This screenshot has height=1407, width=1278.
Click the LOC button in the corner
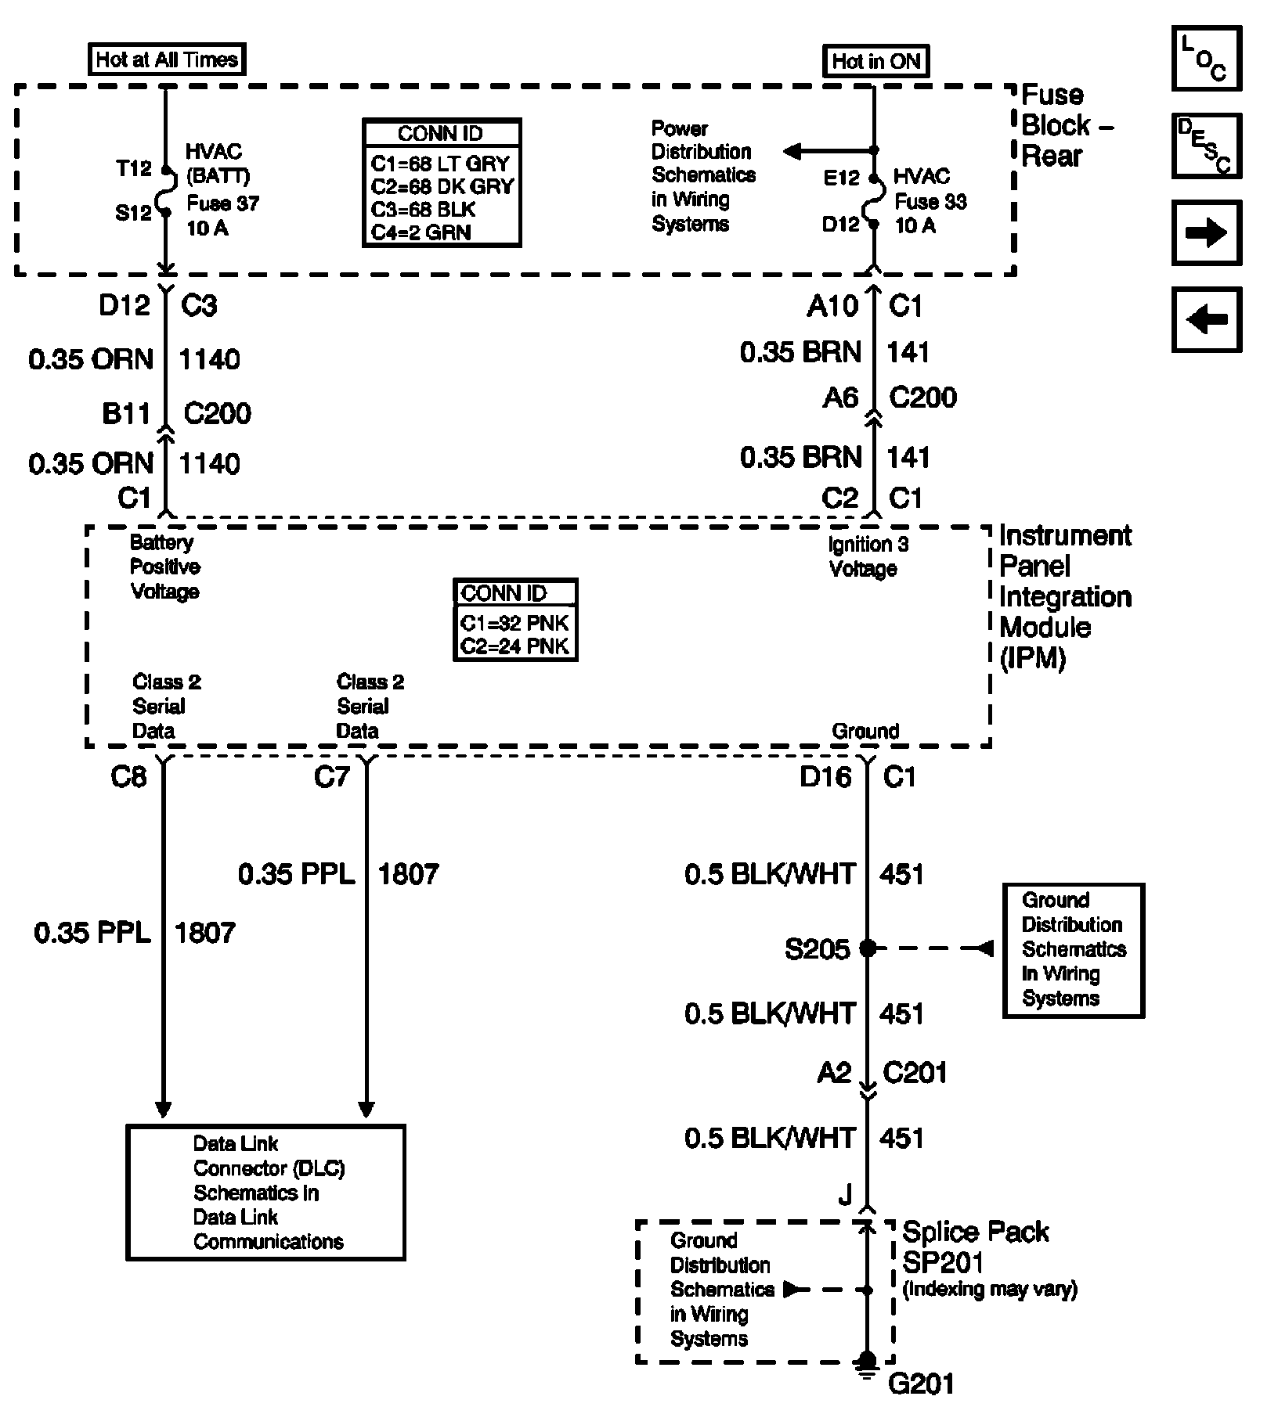coord(1206,59)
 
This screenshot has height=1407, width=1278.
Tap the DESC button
coord(1206,146)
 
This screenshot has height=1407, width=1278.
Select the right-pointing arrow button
coord(1206,233)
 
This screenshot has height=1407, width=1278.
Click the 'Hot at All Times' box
coord(166,59)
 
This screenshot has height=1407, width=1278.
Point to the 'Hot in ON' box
coord(875,61)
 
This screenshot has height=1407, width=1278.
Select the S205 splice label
coord(817,949)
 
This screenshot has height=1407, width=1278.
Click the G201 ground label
coord(921,1384)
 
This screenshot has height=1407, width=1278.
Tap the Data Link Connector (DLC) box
coord(265,1193)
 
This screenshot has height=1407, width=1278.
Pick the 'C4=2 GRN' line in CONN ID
coord(421,232)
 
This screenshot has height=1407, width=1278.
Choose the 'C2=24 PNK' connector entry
coord(514,646)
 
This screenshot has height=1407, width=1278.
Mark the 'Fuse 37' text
coord(222,204)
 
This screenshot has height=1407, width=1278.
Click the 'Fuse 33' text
coord(930,202)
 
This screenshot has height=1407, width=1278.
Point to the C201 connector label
coord(915,1072)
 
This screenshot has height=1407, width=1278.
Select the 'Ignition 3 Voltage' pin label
coord(868,556)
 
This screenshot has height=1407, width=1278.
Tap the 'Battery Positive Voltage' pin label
coord(164,567)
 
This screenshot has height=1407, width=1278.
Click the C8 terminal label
coord(128,777)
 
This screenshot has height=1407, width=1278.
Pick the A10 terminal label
coord(832,306)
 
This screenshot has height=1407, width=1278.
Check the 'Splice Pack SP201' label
coord(975,1247)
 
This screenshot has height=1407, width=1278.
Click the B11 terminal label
coord(126,413)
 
